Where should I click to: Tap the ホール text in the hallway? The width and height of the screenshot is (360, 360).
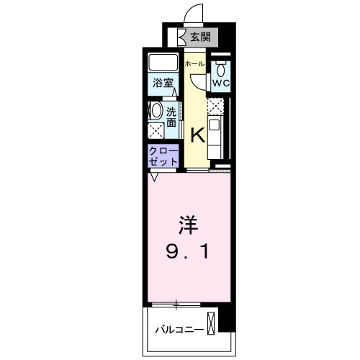195,64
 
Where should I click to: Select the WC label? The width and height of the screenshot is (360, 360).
220,82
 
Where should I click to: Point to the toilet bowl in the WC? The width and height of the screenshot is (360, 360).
220,69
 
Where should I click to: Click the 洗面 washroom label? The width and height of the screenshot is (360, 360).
171,117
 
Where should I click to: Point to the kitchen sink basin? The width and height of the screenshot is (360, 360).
217,124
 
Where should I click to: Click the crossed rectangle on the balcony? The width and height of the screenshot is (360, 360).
211,323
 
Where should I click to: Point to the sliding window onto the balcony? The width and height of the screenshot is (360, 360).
183,304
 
